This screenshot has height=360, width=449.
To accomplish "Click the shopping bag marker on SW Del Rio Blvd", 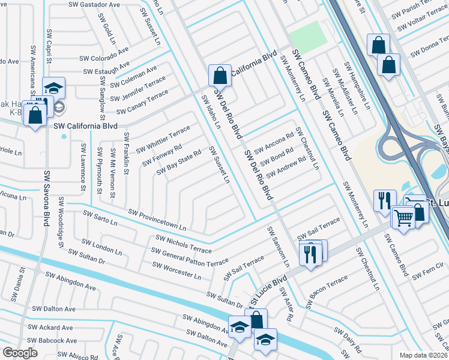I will click(x=220, y=76).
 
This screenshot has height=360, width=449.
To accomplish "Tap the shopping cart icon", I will click(x=404, y=219).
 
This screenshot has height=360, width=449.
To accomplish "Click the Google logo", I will click(x=19, y=353).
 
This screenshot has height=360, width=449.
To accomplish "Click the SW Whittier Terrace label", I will click(x=163, y=139).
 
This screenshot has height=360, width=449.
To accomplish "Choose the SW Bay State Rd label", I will click(x=178, y=163).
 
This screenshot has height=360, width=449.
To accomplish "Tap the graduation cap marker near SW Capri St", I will click(x=53, y=89).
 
